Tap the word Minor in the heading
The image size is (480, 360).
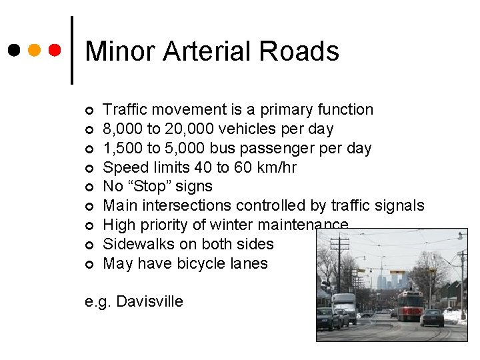tap(120, 51)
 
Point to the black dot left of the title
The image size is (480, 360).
tap(13, 50)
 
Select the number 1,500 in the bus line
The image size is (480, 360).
tap(123, 148)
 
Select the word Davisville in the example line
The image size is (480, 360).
tap(149, 301)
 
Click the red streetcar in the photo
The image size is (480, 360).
tap(410, 305)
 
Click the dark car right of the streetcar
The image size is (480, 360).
tap(432, 318)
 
